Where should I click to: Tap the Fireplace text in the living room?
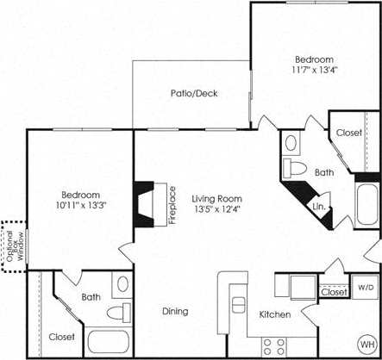[172, 204]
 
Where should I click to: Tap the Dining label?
[175, 312]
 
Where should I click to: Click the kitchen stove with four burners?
[274, 346]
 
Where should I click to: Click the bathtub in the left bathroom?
[108, 343]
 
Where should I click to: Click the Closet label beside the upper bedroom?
[348, 133]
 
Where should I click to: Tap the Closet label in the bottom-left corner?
[61, 336]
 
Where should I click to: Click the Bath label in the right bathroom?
[324, 172]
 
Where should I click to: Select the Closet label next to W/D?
[334, 293]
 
